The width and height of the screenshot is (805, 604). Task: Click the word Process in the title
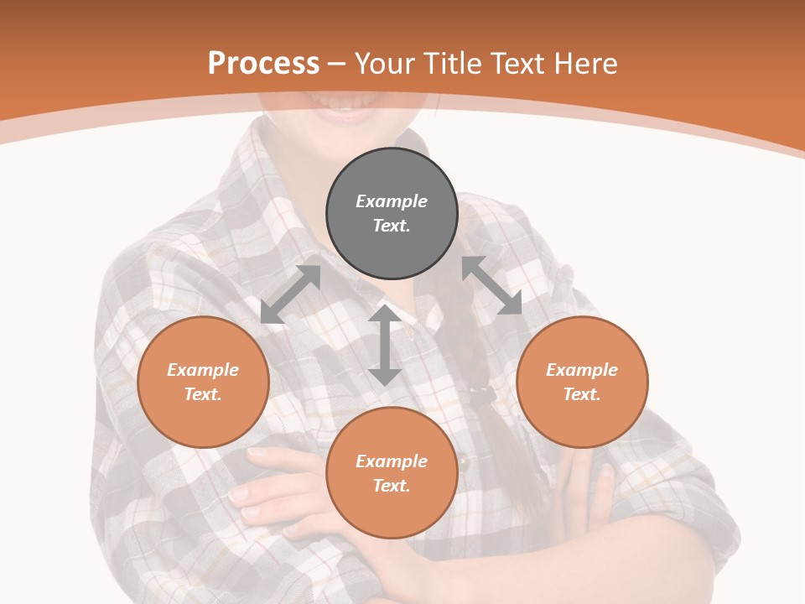(263, 64)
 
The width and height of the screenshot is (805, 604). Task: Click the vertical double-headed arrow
(385, 345)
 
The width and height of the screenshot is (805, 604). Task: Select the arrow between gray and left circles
(290, 294)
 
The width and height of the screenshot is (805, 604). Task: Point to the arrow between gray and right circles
(491, 285)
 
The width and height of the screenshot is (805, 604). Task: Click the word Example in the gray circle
(392, 201)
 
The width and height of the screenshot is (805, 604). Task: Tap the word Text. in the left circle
(203, 394)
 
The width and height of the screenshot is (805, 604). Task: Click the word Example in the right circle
(582, 370)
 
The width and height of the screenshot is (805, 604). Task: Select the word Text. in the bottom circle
(392, 486)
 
